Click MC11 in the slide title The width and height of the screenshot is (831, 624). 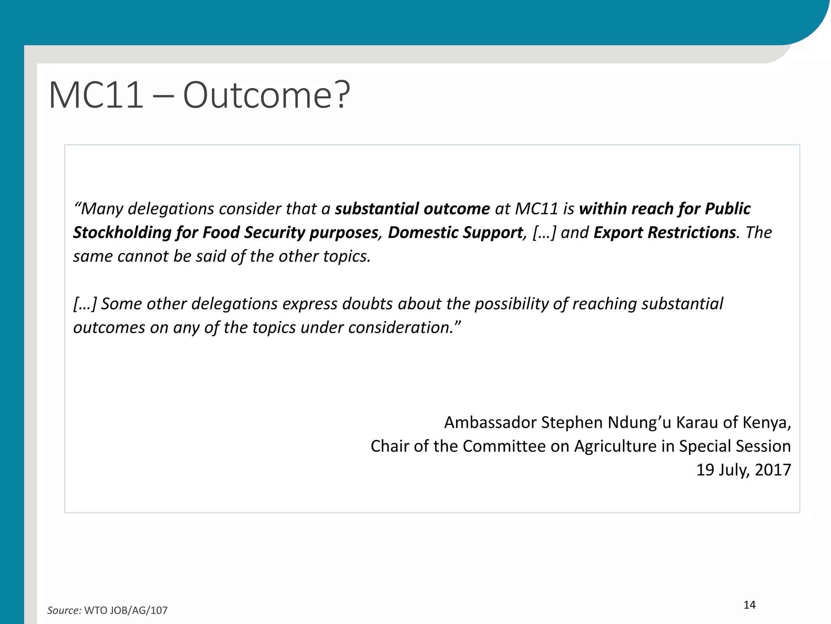point(96,96)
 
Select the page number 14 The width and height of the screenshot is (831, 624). point(749,605)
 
